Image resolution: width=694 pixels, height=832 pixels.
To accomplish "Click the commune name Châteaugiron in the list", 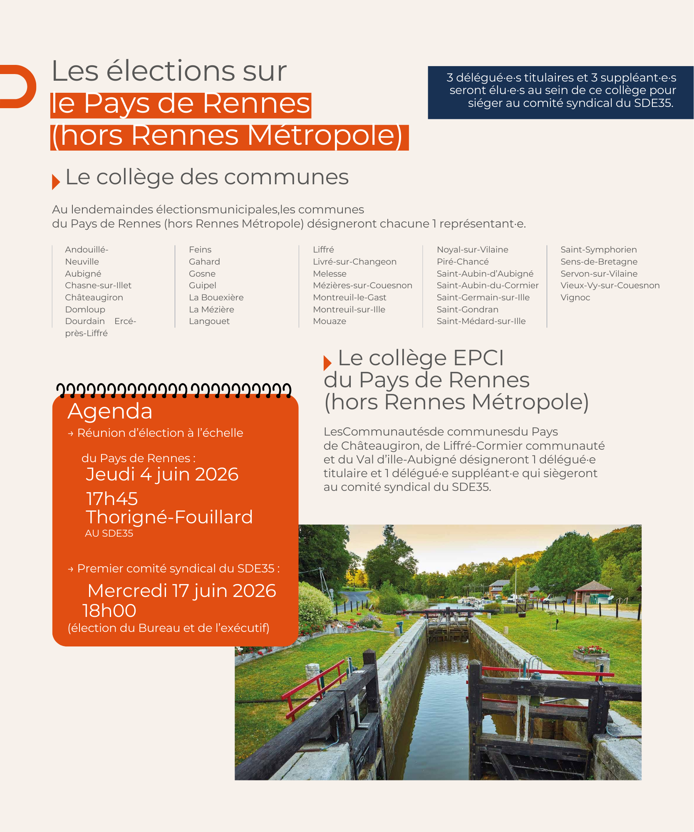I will point(94,297).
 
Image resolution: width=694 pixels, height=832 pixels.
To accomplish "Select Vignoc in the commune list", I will point(575,297).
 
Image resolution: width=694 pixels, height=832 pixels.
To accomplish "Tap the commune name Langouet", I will point(209,321).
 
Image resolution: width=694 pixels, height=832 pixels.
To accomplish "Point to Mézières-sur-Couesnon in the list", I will point(362,285).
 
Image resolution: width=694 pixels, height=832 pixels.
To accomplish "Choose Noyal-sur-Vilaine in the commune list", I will point(472,250).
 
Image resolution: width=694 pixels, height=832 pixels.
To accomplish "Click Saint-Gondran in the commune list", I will point(467,310).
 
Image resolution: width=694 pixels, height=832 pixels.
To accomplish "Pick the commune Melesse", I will point(330,274).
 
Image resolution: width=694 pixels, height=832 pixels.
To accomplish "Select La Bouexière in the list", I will point(216,297).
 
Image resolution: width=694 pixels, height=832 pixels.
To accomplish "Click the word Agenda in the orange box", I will point(110,411).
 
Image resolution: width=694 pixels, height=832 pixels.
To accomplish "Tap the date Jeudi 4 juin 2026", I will point(162,475).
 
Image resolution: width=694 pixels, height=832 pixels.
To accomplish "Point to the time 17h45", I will point(112,499).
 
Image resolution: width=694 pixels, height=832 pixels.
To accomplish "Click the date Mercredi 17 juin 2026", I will point(182,591).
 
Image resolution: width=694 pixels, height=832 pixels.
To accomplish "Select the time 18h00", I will point(109,611).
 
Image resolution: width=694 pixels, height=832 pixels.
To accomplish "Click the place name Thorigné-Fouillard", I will point(169,517).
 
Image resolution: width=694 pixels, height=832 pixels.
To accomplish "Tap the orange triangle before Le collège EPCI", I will point(327,363).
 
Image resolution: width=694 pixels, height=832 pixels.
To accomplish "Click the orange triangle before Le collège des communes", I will point(56,182).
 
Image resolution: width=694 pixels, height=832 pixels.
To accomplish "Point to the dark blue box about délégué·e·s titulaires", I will point(560,92).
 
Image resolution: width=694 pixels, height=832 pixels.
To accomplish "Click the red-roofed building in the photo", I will point(593,593).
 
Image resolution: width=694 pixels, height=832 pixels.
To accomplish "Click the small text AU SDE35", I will point(109,534).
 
